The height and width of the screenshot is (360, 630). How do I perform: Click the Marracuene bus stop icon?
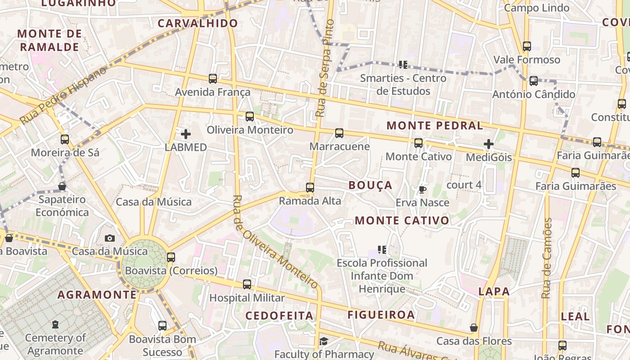tap(339, 133)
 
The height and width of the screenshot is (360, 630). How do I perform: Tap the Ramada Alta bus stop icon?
tap(310, 188)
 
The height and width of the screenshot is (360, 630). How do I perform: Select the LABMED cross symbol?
tap(186, 134)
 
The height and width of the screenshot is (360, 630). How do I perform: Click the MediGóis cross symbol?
tap(489, 144)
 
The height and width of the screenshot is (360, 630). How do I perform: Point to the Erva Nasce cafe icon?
tap(422, 189)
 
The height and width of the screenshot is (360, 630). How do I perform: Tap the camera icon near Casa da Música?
tap(110, 238)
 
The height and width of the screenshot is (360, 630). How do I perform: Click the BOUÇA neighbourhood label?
tap(370, 185)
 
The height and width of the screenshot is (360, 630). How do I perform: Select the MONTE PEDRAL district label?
tap(435, 126)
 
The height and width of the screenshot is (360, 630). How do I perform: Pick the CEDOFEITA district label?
tap(279, 315)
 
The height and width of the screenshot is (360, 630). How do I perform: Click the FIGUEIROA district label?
tap(381, 315)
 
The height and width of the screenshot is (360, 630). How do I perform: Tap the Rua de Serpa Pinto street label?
tap(325, 67)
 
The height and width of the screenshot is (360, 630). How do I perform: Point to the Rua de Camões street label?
tap(547, 258)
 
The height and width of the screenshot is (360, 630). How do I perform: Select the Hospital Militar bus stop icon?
tap(247, 284)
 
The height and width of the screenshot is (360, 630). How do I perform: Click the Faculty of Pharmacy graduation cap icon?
tap(324, 342)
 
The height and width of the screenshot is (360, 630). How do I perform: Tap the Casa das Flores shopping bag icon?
tap(474, 328)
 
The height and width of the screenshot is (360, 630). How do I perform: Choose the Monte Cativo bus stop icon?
tap(418, 143)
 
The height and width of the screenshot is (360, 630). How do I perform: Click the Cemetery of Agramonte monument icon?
tap(55, 324)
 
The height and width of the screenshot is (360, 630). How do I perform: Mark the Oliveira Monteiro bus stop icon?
tap(250, 117)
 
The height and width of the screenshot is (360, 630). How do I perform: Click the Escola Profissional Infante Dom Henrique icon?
tap(382, 249)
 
